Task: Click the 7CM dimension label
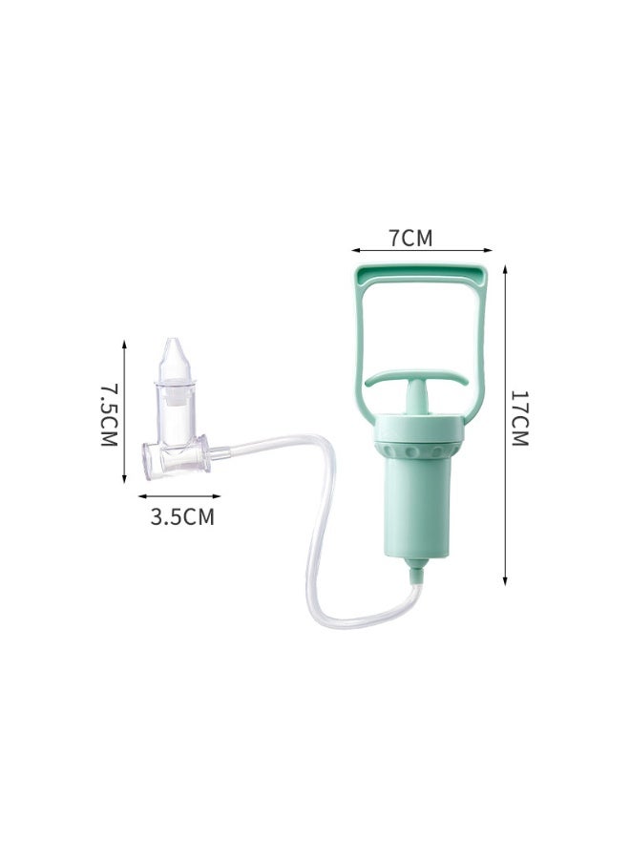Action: point(410,238)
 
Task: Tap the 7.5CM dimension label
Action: point(109,415)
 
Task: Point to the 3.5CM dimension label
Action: point(182,516)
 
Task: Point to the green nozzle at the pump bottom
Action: point(416,572)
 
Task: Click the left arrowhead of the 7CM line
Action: point(354,250)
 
